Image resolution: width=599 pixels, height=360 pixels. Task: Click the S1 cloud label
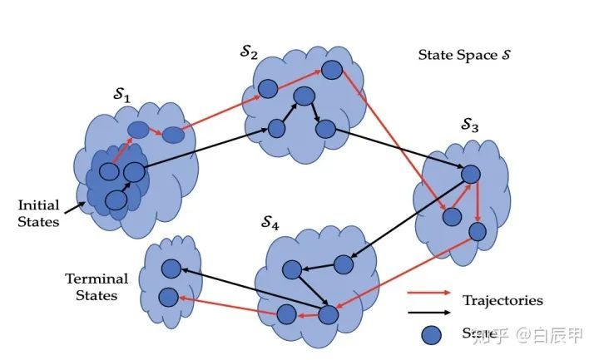(x=121, y=97)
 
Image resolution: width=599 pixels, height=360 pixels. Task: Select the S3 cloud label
(x=470, y=126)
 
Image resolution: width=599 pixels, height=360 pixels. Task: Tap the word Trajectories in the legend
(x=502, y=299)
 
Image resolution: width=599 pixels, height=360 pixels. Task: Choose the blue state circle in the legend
(x=430, y=334)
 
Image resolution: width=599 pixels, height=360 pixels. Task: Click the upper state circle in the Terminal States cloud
(x=170, y=269)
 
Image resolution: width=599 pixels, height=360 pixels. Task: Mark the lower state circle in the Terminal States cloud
(x=169, y=295)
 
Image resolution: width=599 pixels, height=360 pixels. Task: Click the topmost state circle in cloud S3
(x=471, y=174)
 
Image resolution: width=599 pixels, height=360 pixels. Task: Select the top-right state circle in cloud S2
(x=331, y=72)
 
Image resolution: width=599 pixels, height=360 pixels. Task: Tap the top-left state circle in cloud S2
(x=267, y=88)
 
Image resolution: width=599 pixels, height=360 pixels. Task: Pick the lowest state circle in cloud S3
(x=477, y=231)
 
